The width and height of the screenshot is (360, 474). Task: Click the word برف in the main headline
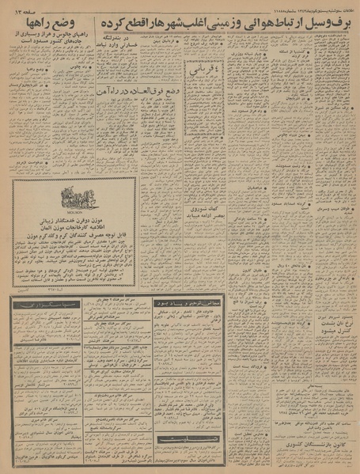337,24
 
